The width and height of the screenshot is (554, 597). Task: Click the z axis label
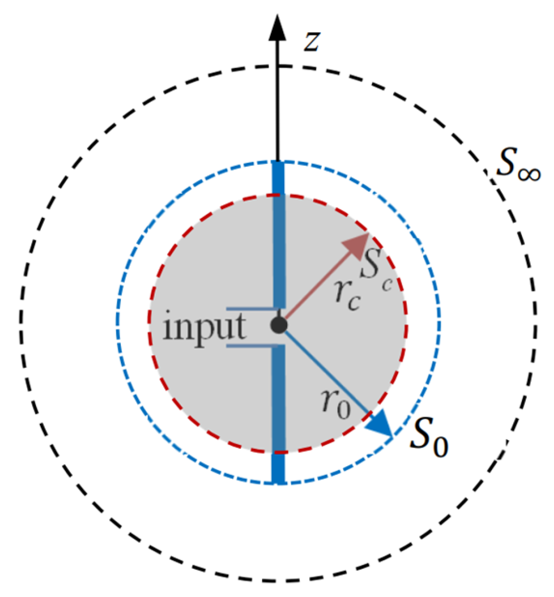[x=311, y=42]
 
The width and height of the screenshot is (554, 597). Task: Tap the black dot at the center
[x=279, y=326]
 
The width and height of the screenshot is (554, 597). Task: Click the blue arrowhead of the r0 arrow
[x=382, y=427]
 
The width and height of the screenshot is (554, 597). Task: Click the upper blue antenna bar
[x=279, y=234]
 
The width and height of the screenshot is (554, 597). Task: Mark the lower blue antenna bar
[x=278, y=414]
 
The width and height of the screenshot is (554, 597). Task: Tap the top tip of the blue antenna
[x=278, y=163]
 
